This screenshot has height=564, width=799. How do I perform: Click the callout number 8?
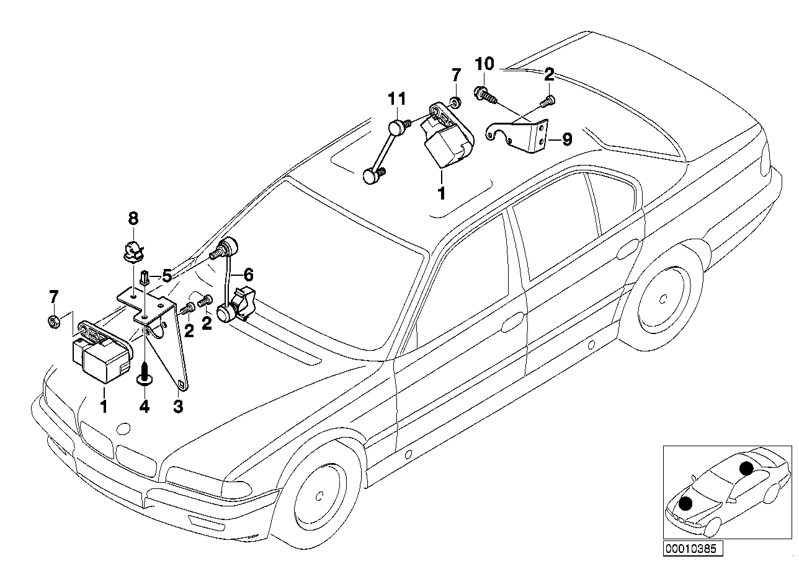click(x=133, y=218)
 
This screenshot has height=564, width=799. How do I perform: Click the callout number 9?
click(x=567, y=140)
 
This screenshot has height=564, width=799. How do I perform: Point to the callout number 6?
click(x=248, y=274)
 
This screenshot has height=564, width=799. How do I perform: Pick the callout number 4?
click(x=144, y=407)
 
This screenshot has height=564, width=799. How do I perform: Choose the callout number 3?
click(x=178, y=407)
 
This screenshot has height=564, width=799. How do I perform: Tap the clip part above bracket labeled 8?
click(x=132, y=248)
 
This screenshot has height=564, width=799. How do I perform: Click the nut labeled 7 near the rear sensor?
click(x=455, y=100)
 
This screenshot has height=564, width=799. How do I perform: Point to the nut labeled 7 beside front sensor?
click(x=54, y=322)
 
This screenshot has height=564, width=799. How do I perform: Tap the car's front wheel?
click(x=319, y=496)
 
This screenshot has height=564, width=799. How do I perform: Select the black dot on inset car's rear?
click(x=747, y=469)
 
